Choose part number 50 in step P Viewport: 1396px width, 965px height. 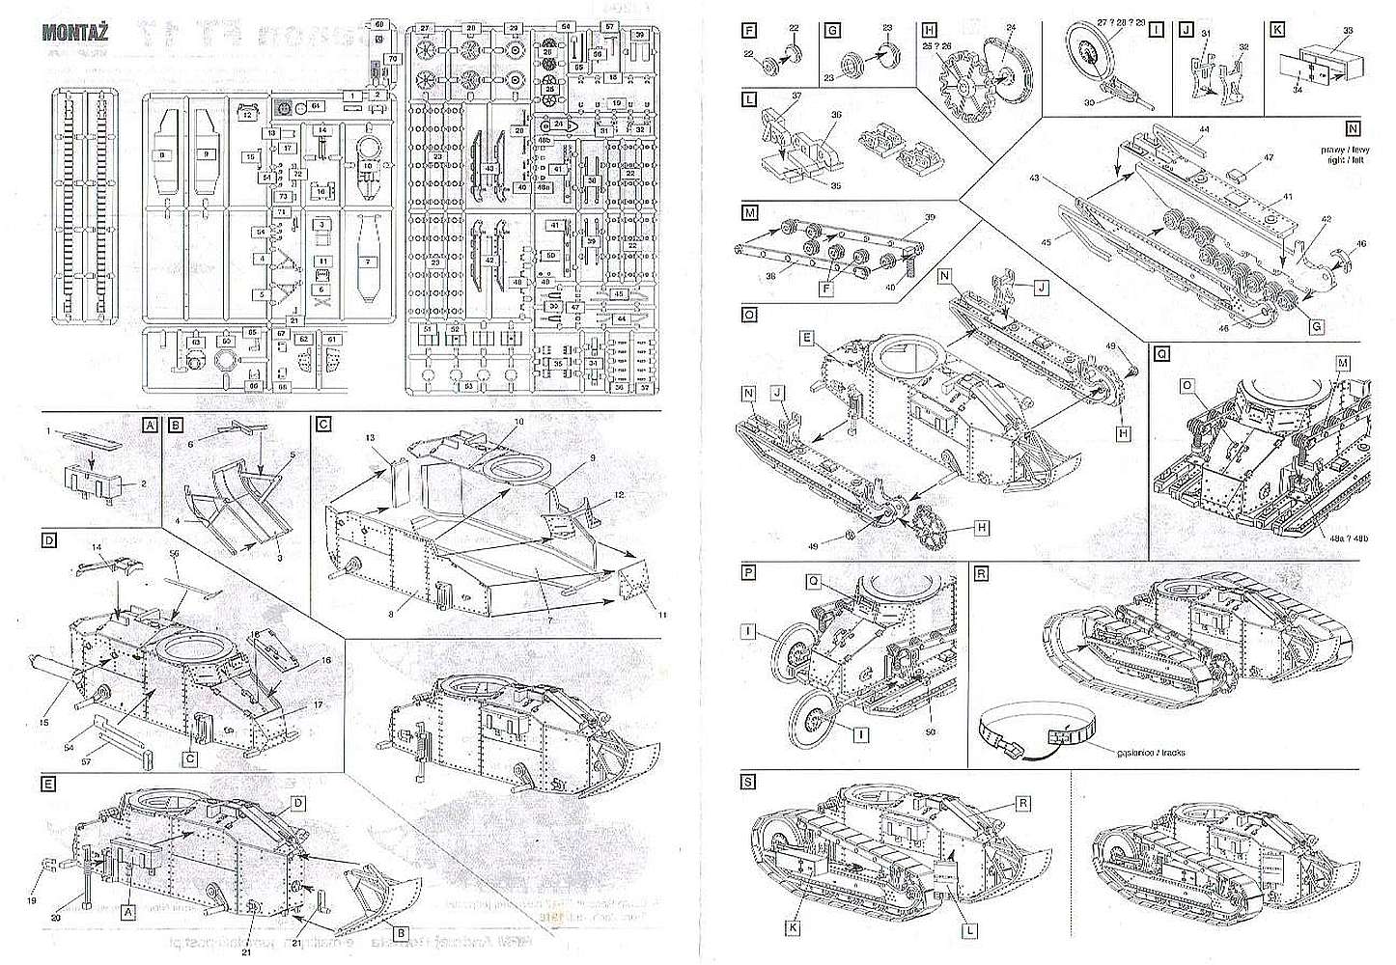click(x=931, y=715)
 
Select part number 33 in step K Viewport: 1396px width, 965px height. click(x=1349, y=30)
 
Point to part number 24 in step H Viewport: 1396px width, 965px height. click(x=1011, y=26)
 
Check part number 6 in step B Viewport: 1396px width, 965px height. click(x=191, y=445)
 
